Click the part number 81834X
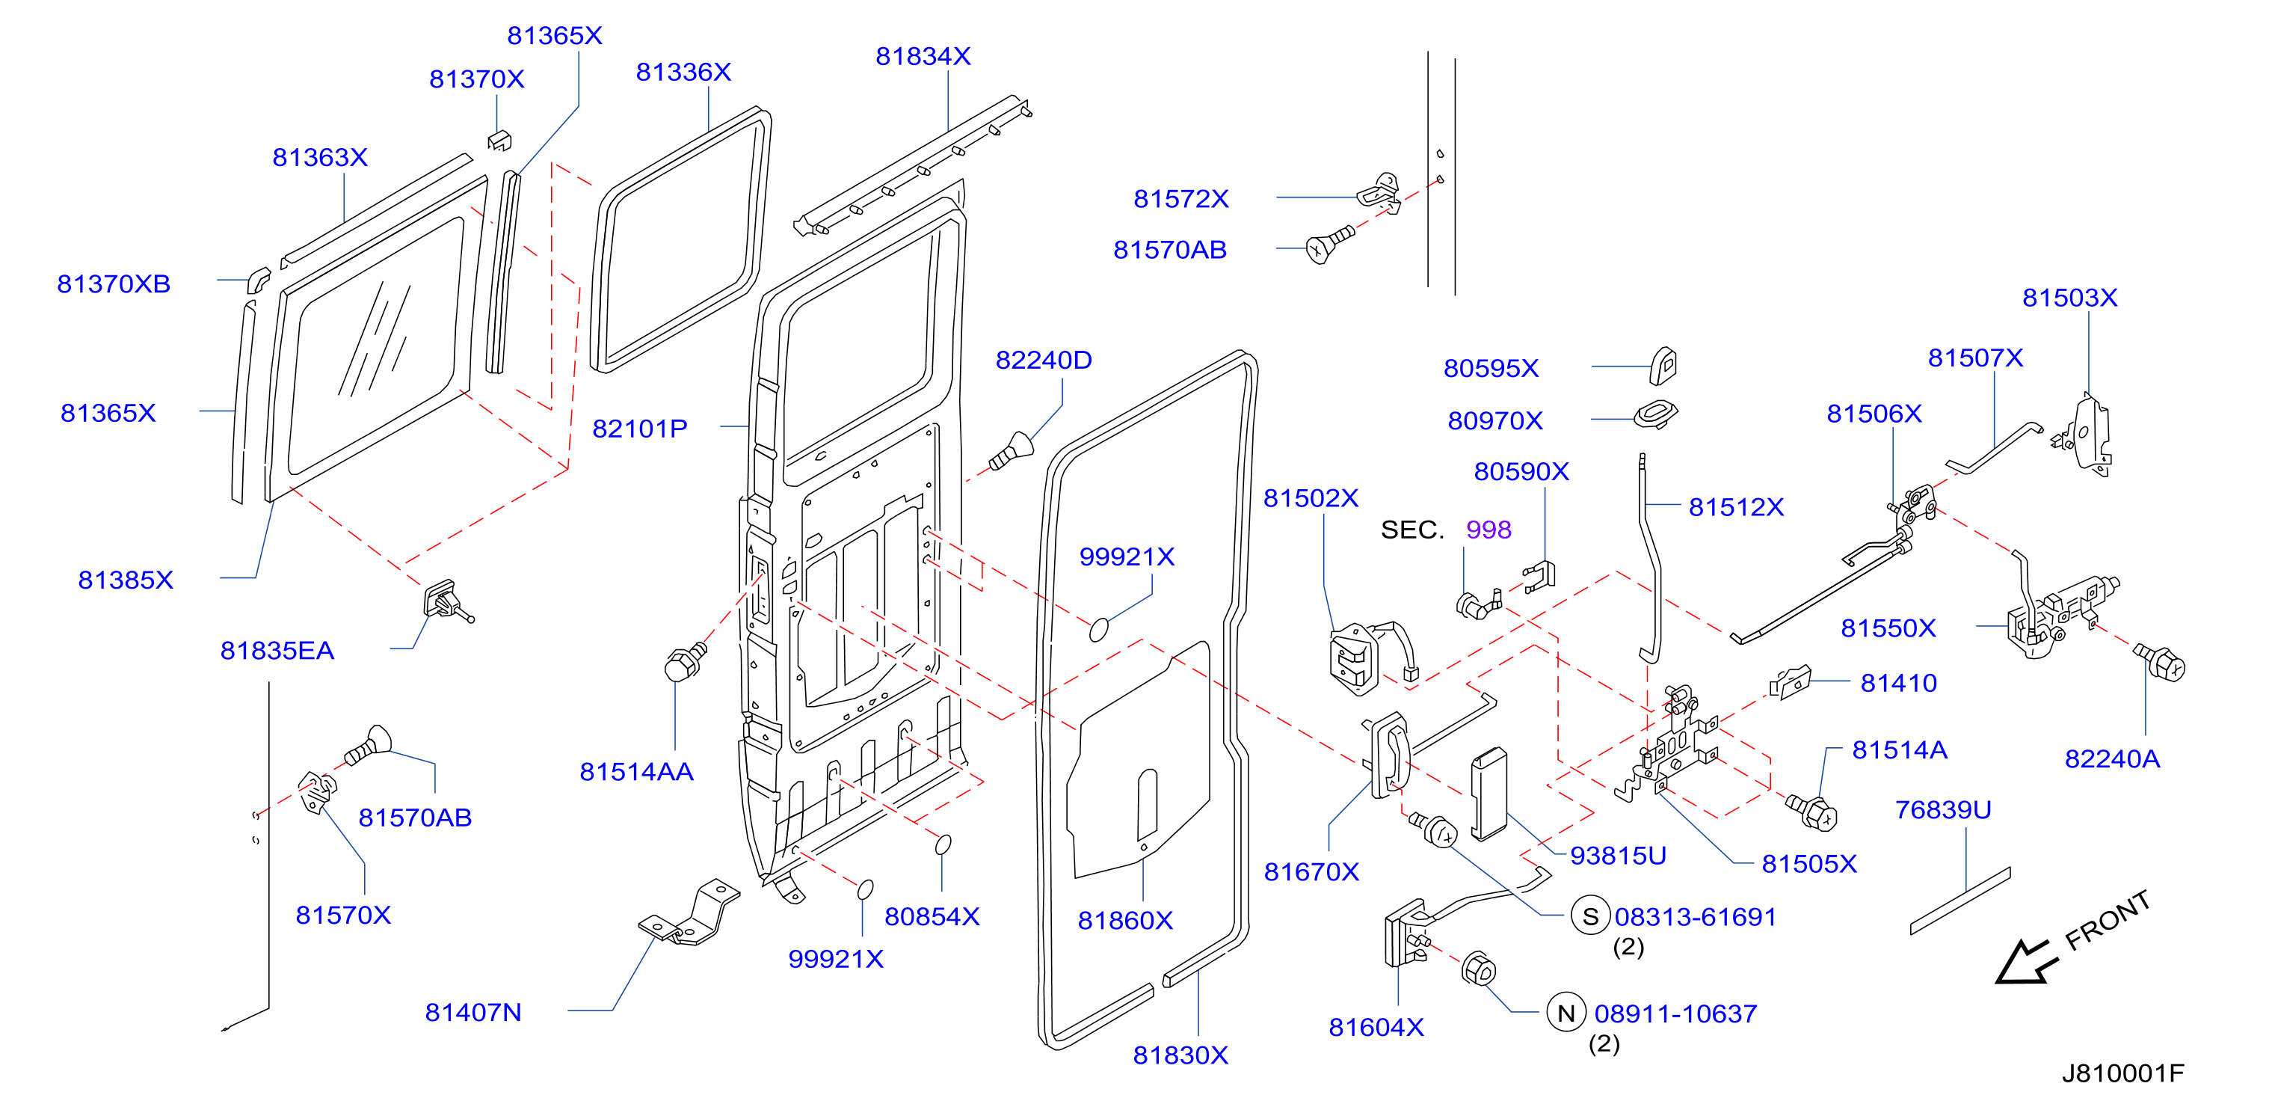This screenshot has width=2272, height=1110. [x=923, y=56]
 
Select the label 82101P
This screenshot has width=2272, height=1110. [x=639, y=429]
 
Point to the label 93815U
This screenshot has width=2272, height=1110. [x=1619, y=855]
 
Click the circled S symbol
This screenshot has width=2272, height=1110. [x=1591, y=917]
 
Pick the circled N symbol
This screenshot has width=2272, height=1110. [x=1566, y=1013]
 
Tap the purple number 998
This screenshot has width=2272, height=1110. [x=1489, y=530]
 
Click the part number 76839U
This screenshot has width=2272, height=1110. [x=1944, y=809]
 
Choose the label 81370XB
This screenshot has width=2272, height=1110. [x=114, y=284]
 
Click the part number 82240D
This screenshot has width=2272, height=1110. [x=1044, y=360]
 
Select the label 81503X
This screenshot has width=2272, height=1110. [x=2070, y=298]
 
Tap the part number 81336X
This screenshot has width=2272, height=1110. [x=683, y=73]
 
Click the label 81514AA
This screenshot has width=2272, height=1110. [x=637, y=772]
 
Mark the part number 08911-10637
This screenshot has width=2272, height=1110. [x=1675, y=1014]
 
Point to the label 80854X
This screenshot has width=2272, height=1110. [x=932, y=917]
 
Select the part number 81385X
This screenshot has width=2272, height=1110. [x=126, y=580]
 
